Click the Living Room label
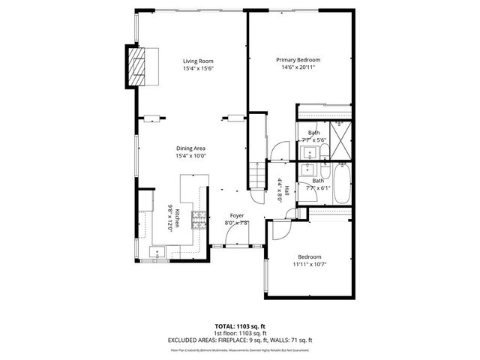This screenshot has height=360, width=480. [x=199, y=61]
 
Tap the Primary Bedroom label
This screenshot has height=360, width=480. [x=298, y=60]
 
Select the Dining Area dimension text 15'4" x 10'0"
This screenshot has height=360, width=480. [x=191, y=156]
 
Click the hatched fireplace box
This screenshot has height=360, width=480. [x=138, y=69]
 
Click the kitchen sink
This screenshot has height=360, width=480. [x=159, y=252]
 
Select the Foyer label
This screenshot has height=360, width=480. [x=237, y=215]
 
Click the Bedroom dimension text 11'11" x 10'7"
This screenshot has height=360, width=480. [x=309, y=264]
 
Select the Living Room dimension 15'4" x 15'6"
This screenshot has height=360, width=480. [x=199, y=69]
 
